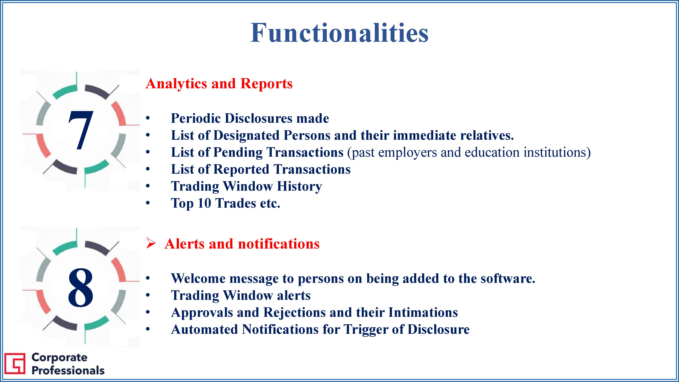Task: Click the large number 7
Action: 81,130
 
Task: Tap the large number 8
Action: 81,287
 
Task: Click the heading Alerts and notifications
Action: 242,244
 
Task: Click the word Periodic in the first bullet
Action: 196,118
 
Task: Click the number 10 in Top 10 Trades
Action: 204,203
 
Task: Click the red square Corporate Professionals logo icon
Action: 15,363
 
